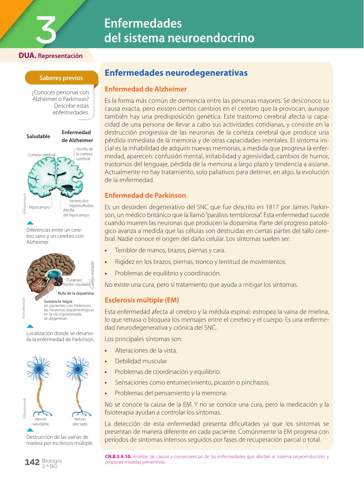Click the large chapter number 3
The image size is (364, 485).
point(46,30)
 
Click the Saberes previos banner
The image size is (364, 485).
point(61,78)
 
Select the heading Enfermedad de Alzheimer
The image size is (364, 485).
point(146,89)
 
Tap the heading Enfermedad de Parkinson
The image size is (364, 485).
point(145,195)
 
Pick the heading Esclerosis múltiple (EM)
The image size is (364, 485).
point(142,300)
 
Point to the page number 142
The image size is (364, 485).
point(32,462)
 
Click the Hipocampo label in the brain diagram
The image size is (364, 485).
point(39,207)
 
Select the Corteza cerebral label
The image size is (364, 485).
point(41,155)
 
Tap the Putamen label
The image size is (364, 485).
point(74,280)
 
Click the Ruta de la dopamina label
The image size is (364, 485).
point(76,293)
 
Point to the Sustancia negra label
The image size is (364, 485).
point(58,301)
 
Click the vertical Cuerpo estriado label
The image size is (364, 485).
point(92,275)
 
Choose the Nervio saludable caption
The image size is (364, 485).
point(41,422)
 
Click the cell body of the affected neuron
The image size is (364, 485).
point(78,369)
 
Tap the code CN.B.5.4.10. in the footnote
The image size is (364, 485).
point(118,456)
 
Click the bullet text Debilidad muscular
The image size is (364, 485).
point(141,361)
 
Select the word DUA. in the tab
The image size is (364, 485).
point(28,56)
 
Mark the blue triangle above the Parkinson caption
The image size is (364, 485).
point(30,326)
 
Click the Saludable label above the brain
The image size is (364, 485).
point(38,136)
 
